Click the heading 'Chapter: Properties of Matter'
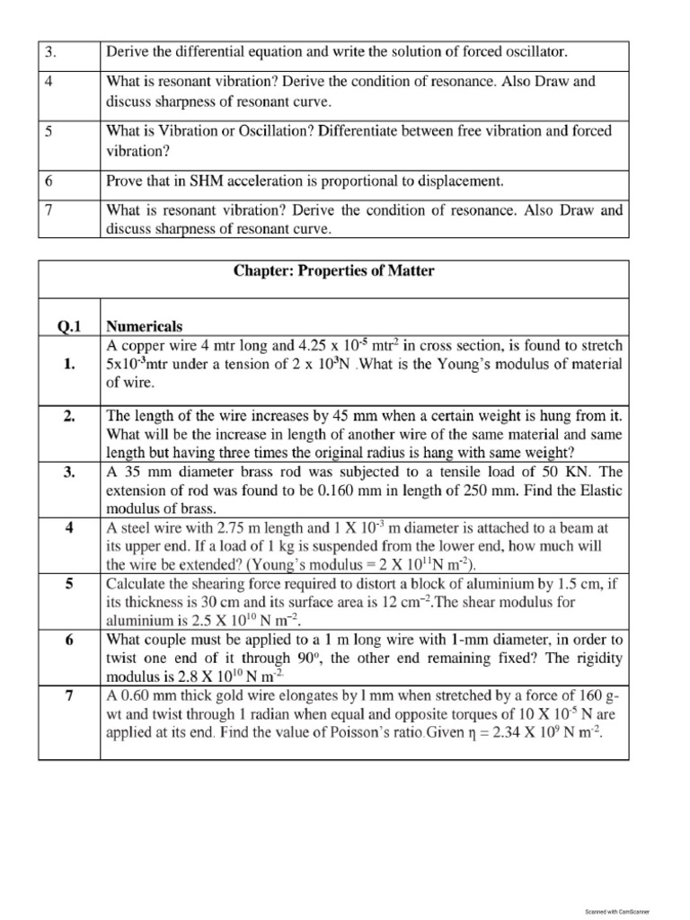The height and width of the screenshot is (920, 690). [x=333, y=270]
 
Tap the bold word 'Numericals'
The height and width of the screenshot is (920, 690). [x=145, y=326]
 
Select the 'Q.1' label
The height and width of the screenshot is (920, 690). [x=69, y=326]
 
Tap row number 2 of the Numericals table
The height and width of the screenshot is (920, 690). [x=69, y=417]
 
